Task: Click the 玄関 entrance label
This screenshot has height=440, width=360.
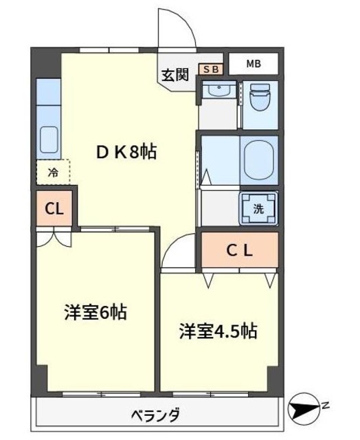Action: pyautogui.click(x=175, y=75)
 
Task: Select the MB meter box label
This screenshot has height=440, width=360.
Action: pyautogui.click(x=253, y=65)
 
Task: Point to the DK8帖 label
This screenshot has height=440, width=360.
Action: pyautogui.click(x=126, y=152)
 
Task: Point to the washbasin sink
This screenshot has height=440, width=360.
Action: pyautogui.click(x=218, y=92)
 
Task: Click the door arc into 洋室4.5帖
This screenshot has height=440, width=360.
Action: pyautogui.click(x=179, y=252)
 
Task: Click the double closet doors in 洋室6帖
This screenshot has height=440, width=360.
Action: pyautogui.click(x=53, y=239)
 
